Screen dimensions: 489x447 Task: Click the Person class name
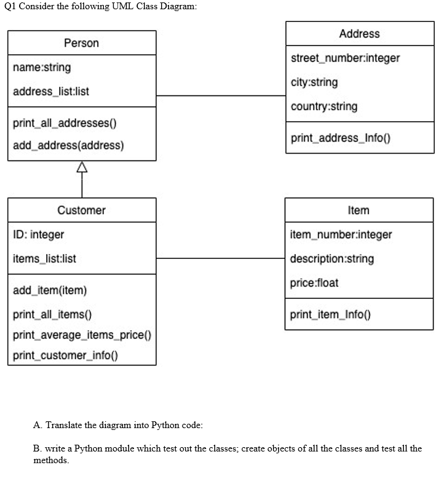[x=81, y=43]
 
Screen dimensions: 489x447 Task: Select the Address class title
[x=359, y=34]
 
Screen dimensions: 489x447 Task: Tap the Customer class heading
[x=81, y=210]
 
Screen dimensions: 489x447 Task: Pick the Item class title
[x=358, y=210]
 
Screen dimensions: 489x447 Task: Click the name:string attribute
[x=42, y=67]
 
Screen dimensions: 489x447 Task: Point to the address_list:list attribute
[x=51, y=91]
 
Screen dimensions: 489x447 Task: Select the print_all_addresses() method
[x=64, y=122]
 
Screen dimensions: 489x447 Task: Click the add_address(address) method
[x=68, y=146]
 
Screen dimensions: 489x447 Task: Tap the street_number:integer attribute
[x=345, y=58]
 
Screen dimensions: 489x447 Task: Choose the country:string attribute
[x=324, y=106]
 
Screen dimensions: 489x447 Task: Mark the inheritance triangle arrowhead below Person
[x=82, y=166]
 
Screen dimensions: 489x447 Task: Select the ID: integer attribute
[x=38, y=234]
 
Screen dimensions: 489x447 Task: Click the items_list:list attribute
[x=44, y=258]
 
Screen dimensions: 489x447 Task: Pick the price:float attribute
[x=314, y=283]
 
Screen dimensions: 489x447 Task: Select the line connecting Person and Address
[x=221, y=96]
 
